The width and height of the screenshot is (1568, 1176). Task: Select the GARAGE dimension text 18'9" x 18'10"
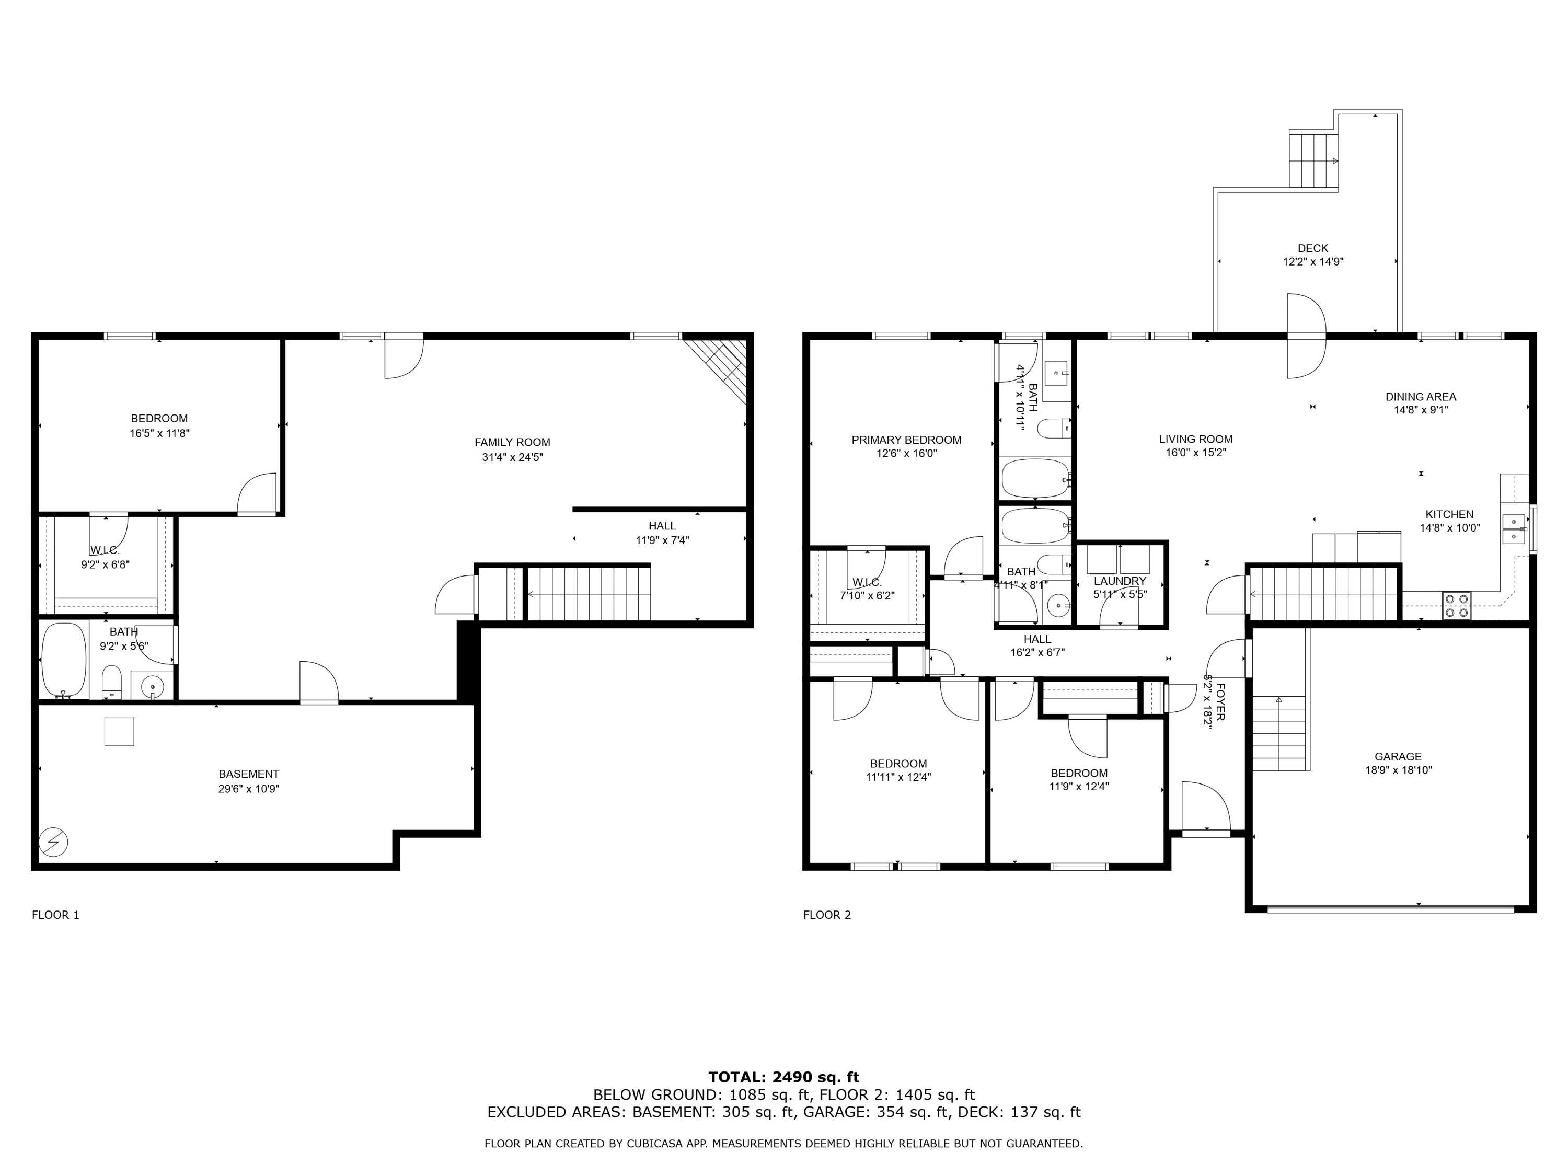[x=1398, y=770]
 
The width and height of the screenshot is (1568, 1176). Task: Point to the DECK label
[x=1313, y=248]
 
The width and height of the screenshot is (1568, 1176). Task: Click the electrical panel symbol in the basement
[x=54, y=842]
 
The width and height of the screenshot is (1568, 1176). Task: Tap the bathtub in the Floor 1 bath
[x=64, y=660]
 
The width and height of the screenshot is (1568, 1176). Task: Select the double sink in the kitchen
[x=1514, y=529]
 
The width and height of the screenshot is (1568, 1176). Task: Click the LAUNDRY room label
[x=1120, y=581]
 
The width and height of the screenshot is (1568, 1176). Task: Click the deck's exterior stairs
[x=1313, y=160]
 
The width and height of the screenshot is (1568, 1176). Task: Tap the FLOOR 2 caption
[x=826, y=915]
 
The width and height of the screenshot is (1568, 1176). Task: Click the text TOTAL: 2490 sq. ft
[x=783, y=1077]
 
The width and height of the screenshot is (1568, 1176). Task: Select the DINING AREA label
[x=1421, y=397]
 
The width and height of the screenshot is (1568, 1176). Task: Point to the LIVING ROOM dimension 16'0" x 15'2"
[x=1196, y=452]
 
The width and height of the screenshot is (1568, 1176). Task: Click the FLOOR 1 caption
[x=55, y=915]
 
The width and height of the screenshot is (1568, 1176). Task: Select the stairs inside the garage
[x=1279, y=733]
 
